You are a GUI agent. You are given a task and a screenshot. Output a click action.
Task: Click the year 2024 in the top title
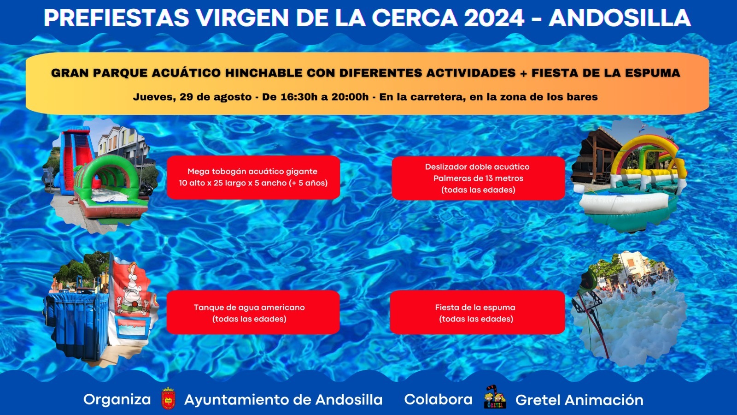(x=494, y=18)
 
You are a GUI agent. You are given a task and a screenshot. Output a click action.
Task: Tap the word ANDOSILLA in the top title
(x=620, y=18)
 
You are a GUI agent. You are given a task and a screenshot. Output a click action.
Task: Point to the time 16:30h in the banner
(x=299, y=97)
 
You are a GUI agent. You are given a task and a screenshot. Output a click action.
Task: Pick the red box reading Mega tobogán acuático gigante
(x=253, y=178)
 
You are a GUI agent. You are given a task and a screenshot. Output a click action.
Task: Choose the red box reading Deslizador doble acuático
(x=478, y=178)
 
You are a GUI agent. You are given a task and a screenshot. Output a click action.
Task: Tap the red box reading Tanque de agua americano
(x=253, y=313)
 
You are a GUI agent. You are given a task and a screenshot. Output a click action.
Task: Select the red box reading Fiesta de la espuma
(x=477, y=313)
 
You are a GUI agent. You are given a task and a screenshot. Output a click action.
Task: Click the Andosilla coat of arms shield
(x=168, y=399)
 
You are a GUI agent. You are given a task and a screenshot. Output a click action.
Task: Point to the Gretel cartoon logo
(x=495, y=397)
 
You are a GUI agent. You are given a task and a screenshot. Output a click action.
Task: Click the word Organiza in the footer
(x=117, y=399)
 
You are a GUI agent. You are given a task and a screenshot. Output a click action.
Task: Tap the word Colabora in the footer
(x=438, y=399)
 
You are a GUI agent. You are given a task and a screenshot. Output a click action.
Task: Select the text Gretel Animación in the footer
(x=579, y=400)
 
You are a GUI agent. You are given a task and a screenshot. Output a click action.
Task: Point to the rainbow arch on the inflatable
(x=645, y=148)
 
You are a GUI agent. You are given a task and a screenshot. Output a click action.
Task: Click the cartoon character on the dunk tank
(x=133, y=290)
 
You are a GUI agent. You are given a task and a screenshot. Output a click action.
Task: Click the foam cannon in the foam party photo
(x=588, y=281)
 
